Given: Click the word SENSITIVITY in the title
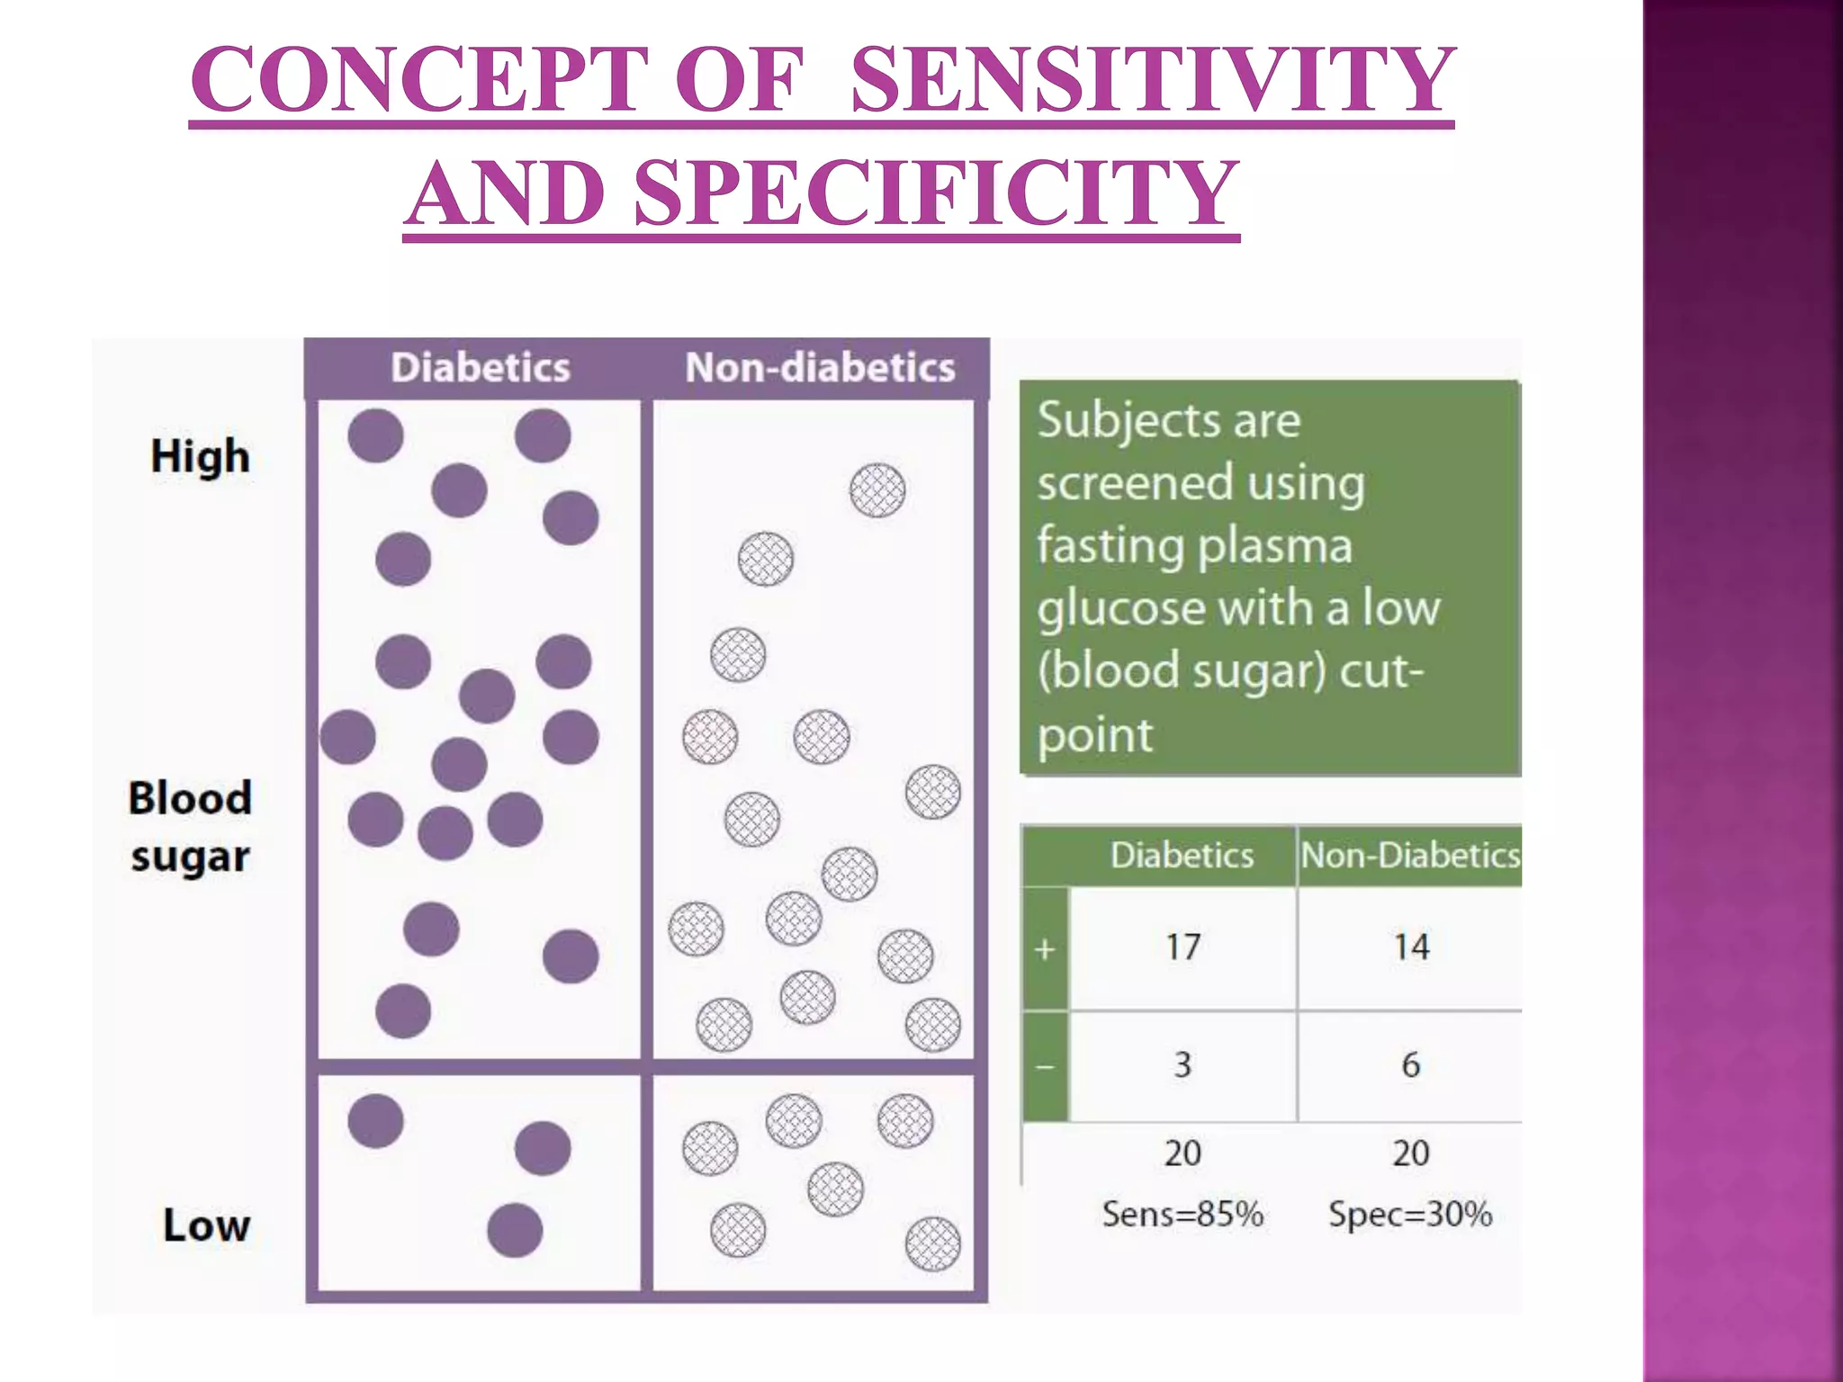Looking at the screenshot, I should (1152, 81).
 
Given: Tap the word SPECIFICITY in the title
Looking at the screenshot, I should (937, 193).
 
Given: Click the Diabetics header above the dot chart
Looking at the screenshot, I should (480, 368).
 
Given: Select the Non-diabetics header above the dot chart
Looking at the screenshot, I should (820, 368).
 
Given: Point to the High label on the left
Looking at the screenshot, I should (200, 456).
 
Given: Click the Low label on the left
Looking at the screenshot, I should (206, 1225).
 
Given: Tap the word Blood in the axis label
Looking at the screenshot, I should (190, 798).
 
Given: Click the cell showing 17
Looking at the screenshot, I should (1182, 947).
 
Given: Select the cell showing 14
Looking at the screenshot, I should (1411, 947).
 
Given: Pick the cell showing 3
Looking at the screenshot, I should (1182, 1065).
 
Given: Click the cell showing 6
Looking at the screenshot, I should (1411, 1065).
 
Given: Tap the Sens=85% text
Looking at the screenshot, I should (1182, 1215).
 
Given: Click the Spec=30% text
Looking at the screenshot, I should (1410, 1215).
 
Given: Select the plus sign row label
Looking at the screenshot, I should (1045, 949).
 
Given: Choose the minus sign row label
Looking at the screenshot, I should (1045, 1067).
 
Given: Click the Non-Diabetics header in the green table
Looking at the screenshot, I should (1410, 856).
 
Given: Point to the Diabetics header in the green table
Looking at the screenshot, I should (1182, 856).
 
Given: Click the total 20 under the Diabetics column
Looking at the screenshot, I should (1182, 1153).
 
